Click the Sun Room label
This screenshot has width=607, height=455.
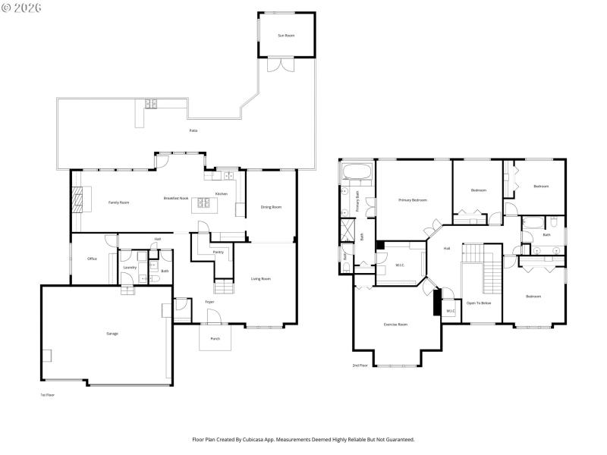click(x=286, y=35)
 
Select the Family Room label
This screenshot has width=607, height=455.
click(x=118, y=202)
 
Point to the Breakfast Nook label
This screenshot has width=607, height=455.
click(x=176, y=199)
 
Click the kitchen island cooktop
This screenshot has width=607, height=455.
click(x=203, y=202)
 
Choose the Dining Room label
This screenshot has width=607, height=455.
click(x=271, y=207)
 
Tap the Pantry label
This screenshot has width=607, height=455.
click(x=218, y=252)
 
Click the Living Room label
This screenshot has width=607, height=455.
click(x=261, y=278)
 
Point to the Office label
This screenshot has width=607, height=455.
click(x=92, y=259)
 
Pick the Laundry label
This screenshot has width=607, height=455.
click(x=130, y=267)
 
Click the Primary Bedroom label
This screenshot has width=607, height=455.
click(x=413, y=199)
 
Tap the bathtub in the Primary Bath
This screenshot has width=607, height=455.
click(x=357, y=173)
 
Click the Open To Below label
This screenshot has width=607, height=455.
click(x=479, y=303)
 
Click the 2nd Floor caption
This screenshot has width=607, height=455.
click(x=360, y=366)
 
